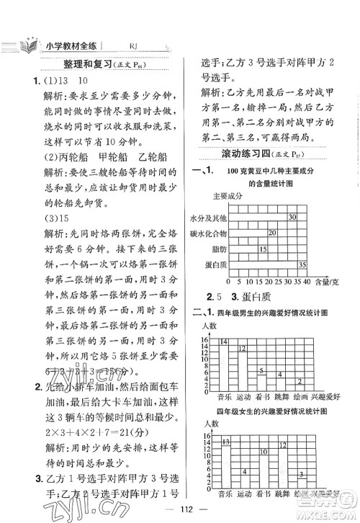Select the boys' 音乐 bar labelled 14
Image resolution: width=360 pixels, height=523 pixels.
pyautogui.click(x=224, y=362)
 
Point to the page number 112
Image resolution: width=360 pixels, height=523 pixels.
pyautogui.click(x=179, y=504)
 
